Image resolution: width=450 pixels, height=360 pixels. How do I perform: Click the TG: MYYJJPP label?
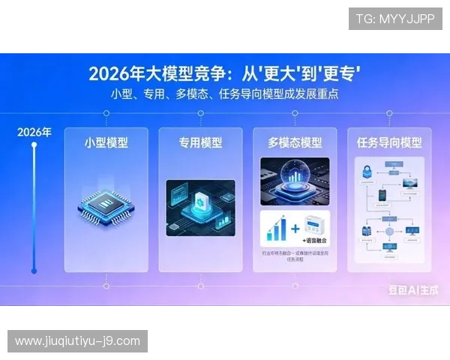[x=395, y=19]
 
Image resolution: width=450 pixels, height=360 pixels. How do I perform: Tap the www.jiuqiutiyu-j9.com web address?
[x=77, y=341]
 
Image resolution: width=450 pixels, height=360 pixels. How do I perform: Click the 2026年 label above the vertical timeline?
[x=34, y=133]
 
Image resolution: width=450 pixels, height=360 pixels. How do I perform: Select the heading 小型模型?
[x=106, y=142]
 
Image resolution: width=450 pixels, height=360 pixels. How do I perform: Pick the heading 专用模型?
[x=200, y=142]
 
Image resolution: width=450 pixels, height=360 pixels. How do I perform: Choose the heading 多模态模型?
[x=295, y=142]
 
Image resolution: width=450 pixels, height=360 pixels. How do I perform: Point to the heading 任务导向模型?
[x=389, y=142]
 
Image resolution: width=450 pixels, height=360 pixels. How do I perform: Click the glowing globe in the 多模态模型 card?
[x=294, y=179]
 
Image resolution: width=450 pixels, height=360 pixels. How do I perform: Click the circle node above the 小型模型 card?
[x=106, y=113]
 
